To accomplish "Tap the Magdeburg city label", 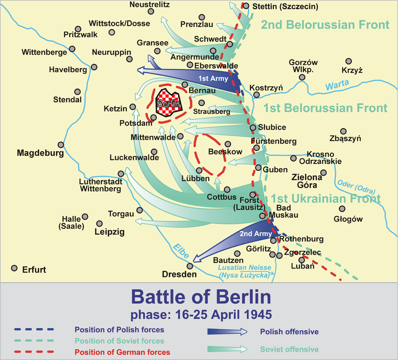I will [x=40, y=153].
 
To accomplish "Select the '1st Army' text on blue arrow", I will [x=213, y=79].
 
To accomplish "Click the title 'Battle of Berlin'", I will [x=201, y=297].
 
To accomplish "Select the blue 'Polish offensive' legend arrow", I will [x=227, y=331].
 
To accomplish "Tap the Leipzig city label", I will [x=110, y=232].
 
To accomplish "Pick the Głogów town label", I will [x=349, y=219].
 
